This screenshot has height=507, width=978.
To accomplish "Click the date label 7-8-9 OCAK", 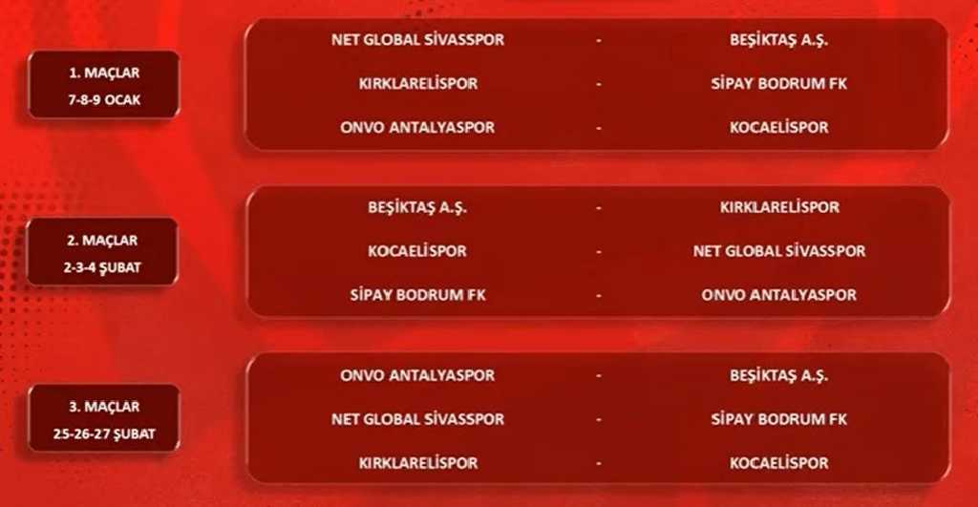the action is [104, 100].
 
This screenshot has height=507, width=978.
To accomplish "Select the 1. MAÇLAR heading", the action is [104, 73].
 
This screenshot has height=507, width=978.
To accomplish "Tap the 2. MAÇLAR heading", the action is [102, 241].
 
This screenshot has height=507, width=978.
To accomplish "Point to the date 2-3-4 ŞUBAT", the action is [102, 267].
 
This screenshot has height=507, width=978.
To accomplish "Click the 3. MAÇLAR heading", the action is [104, 407].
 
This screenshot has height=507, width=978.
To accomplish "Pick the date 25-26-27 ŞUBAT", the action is [104, 434].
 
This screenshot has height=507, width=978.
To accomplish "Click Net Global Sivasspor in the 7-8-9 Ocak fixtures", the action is [417, 39].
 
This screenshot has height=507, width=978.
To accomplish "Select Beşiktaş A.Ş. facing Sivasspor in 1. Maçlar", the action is [779, 40].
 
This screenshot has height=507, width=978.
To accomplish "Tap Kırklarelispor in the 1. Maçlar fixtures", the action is [418, 84].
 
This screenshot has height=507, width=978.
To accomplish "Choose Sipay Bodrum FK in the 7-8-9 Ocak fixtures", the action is [779, 84].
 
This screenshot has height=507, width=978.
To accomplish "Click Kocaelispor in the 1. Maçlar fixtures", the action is [779, 127].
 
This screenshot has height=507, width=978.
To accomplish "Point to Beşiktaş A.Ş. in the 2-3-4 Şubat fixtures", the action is [417, 207].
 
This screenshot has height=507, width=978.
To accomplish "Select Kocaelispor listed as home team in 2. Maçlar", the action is [417, 251].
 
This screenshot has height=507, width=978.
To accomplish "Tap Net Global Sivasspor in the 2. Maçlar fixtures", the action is [779, 251].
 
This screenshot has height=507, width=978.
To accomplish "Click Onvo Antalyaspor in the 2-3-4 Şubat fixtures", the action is [779, 295].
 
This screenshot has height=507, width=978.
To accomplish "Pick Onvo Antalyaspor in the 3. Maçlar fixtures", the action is [417, 375].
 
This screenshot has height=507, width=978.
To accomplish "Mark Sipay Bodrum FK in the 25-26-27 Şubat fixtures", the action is [779, 419].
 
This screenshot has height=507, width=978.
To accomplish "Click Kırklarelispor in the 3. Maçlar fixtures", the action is [418, 463].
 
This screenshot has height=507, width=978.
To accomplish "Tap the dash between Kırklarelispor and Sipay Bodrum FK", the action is [599, 84].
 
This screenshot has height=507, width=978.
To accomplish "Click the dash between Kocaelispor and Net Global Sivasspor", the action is [599, 252].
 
